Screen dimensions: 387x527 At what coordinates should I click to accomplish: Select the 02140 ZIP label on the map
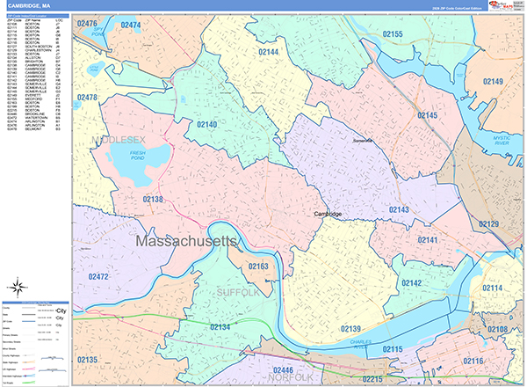coord(206,125)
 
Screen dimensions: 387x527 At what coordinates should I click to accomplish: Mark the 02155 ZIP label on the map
coord(405,34)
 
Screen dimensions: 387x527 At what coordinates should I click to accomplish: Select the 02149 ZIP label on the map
coord(494,82)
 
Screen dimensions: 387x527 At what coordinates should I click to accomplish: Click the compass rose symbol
coord(17,286)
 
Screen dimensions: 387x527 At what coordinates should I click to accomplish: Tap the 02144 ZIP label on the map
coord(268,53)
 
